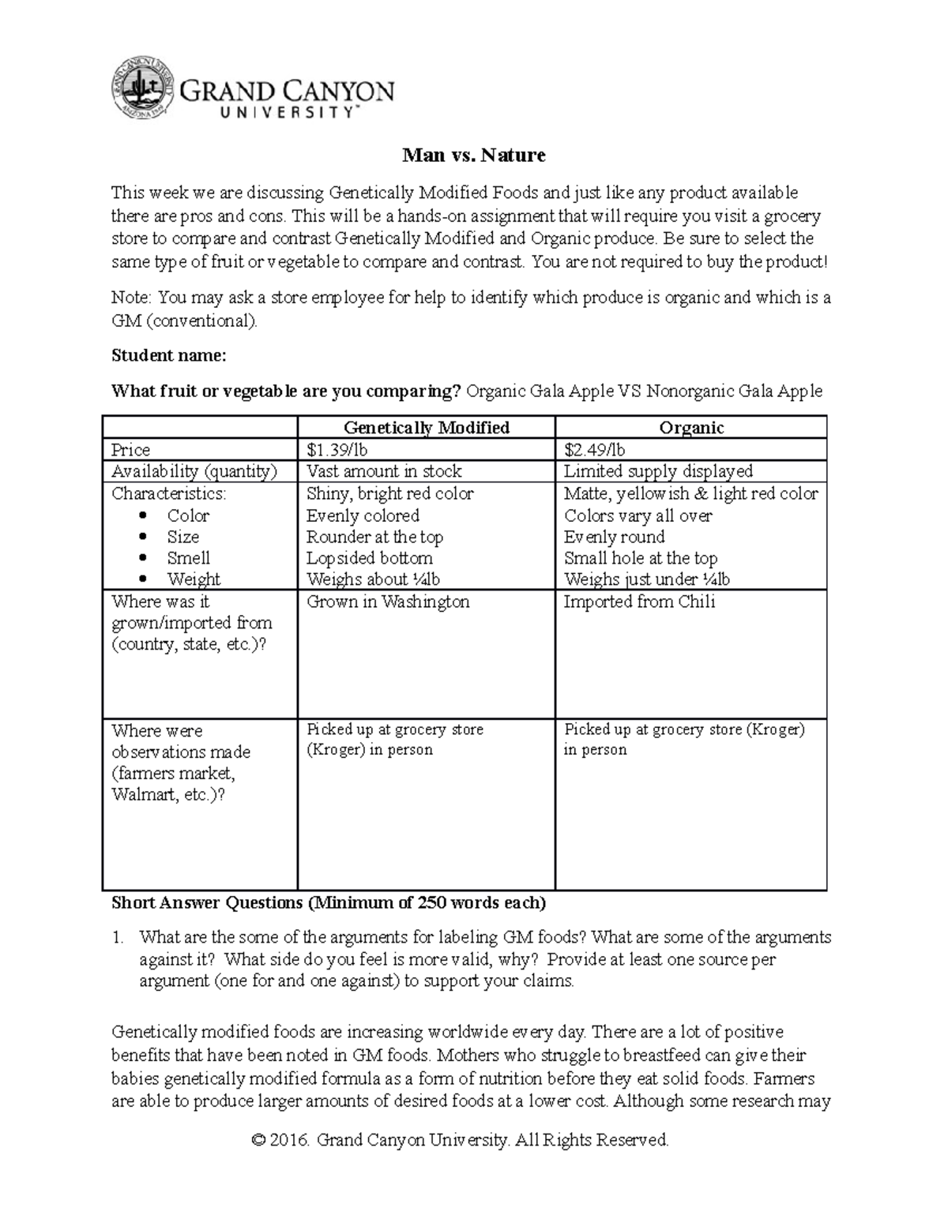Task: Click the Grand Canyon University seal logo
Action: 141,88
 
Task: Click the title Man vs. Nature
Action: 473,155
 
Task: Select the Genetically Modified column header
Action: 426,428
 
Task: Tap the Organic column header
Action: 691,428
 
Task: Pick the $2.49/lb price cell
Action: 594,450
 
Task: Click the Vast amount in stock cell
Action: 384,471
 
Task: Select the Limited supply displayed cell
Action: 658,471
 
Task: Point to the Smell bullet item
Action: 188,558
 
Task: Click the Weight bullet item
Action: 194,579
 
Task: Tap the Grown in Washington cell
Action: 388,602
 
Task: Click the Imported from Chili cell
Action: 639,602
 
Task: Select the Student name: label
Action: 168,356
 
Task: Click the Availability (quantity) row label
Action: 194,471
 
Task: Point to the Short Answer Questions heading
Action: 328,902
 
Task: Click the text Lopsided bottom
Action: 369,558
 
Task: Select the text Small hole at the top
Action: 641,558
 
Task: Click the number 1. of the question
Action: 118,938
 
